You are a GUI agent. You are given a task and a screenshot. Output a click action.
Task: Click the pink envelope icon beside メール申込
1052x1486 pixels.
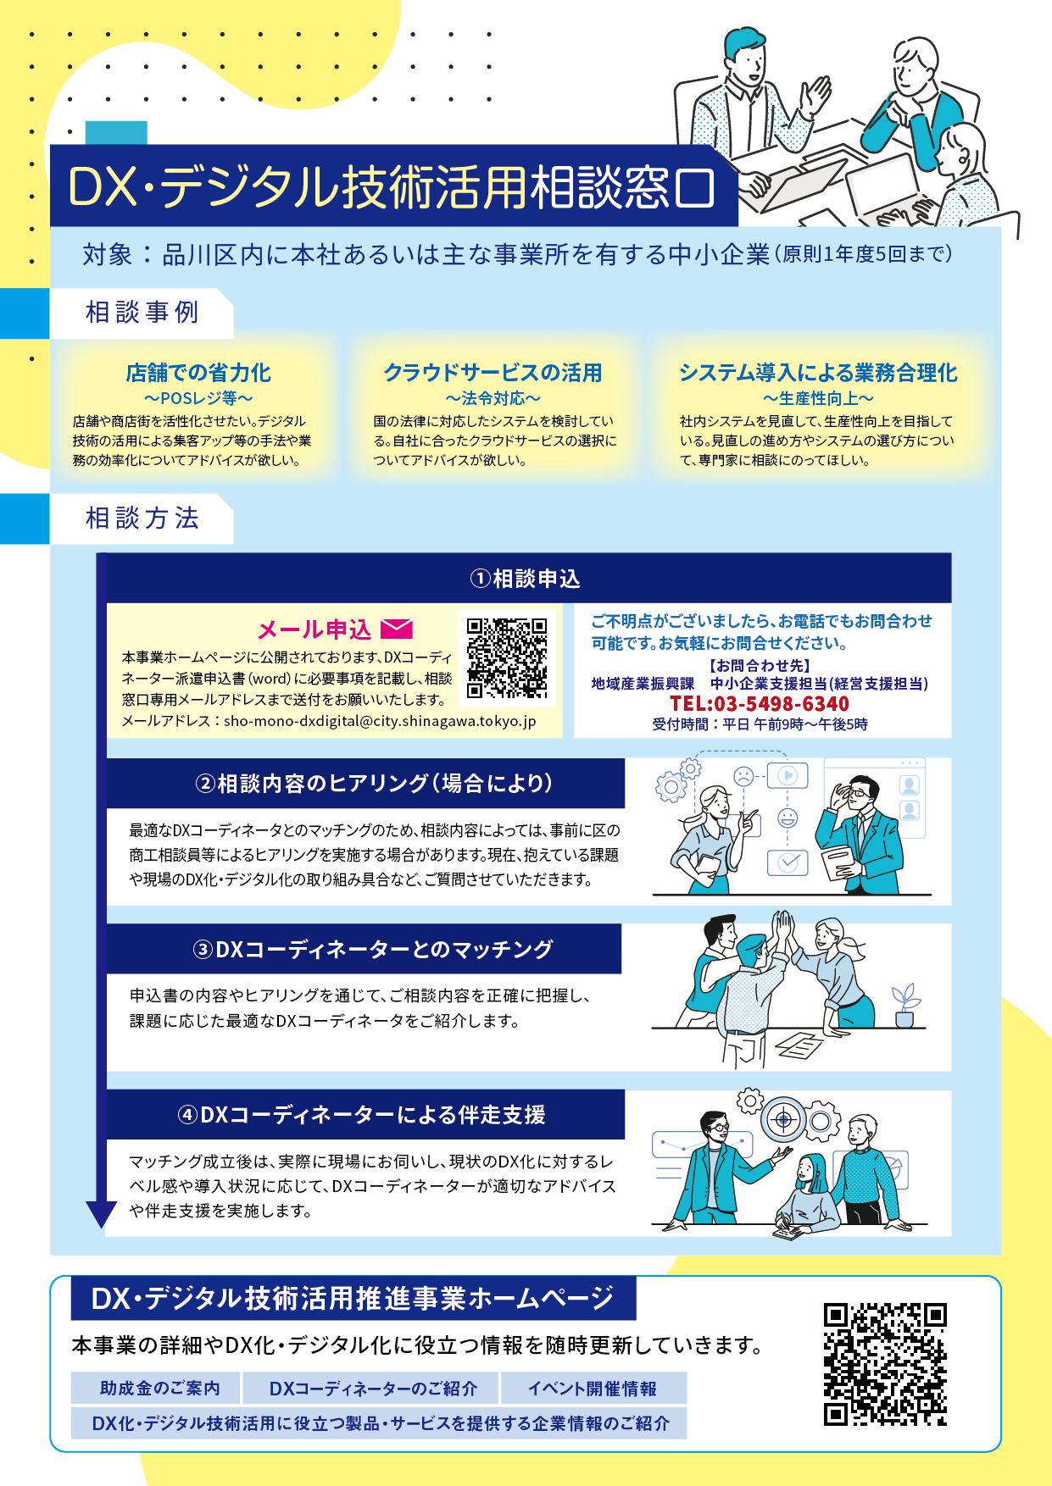pyautogui.click(x=397, y=629)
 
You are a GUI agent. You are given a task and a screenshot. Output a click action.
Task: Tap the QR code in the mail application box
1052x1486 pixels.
pyautogui.click(x=507, y=658)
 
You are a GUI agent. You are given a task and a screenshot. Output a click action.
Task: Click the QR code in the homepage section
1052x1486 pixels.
pyautogui.click(x=885, y=1365)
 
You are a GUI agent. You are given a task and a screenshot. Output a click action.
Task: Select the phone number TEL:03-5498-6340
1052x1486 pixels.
pyautogui.click(x=760, y=704)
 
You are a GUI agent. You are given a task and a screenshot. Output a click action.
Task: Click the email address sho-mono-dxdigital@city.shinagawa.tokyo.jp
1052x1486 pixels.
pyautogui.click(x=380, y=722)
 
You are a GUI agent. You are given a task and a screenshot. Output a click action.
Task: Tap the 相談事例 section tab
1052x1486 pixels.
pyautogui.click(x=142, y=313)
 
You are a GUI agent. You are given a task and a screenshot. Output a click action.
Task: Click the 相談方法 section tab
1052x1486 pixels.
pyautogui.click(x=142, y=518)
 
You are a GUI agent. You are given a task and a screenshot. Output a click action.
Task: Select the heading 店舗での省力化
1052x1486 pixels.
pyautogui.click(x=198, y=373)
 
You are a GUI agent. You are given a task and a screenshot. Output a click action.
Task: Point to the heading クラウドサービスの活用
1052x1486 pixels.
pyautogui.click(x=493, y=373)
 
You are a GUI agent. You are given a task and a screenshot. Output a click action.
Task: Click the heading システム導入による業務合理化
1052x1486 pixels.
pyautogui.click(x=818, y=373)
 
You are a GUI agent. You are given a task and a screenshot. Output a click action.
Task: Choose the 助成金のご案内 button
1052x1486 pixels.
pyautogui.click(x=159, y=1388)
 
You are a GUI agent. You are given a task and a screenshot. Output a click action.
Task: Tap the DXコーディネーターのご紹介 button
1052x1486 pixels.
pyautogui.click(x=373, y=1388)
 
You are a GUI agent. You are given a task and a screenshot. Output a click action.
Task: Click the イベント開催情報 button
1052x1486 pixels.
pyautogui.click(x=593, y=1388)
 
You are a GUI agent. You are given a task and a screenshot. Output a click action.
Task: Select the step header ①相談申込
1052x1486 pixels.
pyautogui.click(x=525, y=579)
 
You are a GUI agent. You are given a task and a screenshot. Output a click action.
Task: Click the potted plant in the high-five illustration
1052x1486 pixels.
pyautogui.click(x=905, y=1006)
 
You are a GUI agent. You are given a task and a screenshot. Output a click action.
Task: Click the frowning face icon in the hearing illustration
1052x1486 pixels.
pyautogui.click(x=743, y=774)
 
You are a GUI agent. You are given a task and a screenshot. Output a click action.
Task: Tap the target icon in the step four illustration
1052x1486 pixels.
pyautogui.click(x=784, y=1120)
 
